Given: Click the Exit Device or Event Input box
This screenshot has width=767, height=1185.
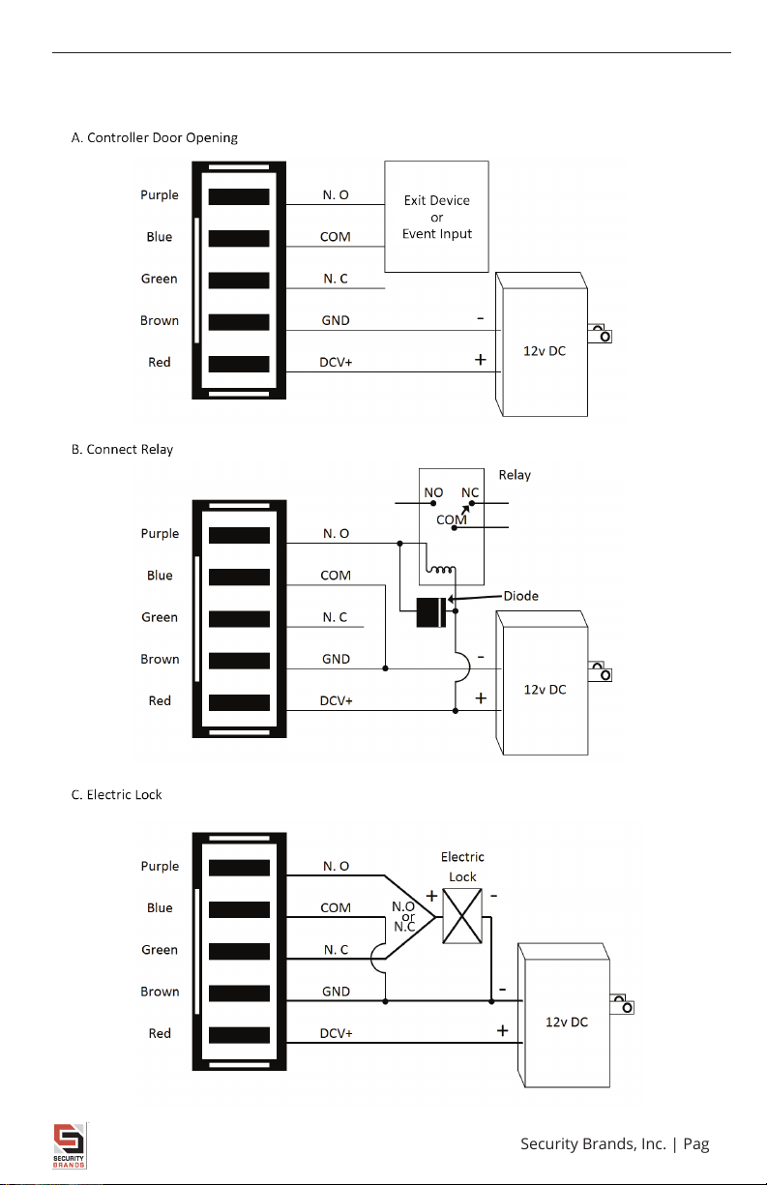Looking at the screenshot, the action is coord(436,217).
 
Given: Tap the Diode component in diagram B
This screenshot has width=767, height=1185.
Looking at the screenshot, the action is coord(431,612).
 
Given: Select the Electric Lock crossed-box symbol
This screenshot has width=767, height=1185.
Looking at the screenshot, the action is coord(462,916).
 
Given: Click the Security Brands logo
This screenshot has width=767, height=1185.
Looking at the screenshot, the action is coord(70,1146).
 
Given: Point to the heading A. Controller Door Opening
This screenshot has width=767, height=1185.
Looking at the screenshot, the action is coord(155,138).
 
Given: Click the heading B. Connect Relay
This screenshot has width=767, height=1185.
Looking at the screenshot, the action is coord(122,450).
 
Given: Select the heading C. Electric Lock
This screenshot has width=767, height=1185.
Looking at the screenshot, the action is coord(116,794).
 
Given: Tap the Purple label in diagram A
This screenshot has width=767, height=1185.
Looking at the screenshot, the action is coord(160,195).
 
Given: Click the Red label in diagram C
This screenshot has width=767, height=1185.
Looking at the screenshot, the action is coord(160,1033).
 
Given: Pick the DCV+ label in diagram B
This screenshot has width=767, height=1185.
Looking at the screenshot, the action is coord(336,701).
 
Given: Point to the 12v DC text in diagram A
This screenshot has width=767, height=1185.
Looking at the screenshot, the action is coord(545,351).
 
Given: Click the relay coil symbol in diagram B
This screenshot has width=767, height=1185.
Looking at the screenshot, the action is coord(441,569).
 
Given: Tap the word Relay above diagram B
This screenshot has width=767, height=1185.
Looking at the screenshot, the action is coord(515,475).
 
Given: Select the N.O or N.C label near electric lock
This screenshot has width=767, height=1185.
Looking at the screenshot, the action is coord(404,917).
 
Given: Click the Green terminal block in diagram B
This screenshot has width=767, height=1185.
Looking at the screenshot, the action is coord(239,619).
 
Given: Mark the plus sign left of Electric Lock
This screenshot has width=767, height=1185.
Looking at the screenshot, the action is coord(431,896).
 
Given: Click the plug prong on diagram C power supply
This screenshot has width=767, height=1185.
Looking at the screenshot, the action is coord(622,1004).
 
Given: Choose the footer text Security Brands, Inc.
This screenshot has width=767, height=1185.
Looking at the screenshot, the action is coord(593,1144).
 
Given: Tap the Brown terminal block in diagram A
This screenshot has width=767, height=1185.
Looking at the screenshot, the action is coord(239,322).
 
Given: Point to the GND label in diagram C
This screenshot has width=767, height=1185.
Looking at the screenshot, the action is coord(336,992).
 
